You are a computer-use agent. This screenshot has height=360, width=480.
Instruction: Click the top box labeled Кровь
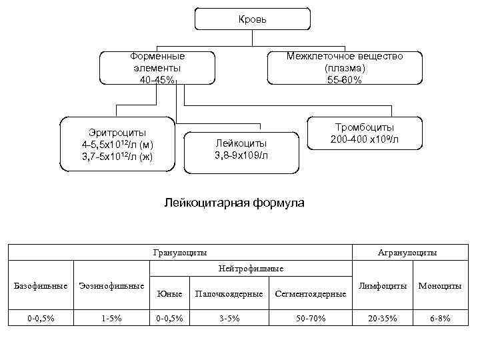252,19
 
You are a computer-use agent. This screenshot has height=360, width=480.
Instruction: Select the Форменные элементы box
157,68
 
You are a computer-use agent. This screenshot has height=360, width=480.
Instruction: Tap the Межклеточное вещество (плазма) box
345,68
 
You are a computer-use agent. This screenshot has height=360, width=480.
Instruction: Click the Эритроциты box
117,144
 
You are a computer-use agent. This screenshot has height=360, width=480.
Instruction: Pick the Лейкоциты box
241,149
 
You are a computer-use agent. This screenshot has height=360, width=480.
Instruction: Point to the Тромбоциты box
365,133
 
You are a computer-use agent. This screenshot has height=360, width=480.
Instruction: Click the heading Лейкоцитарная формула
234,202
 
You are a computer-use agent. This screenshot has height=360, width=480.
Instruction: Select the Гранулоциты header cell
179,253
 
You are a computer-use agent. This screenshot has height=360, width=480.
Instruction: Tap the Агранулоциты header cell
407,253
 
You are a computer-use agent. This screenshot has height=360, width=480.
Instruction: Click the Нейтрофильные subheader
251,268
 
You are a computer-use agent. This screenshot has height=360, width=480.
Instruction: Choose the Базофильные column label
41,286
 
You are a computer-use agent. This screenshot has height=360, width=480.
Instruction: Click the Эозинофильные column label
111,286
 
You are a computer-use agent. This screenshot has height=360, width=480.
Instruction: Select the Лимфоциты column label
383,286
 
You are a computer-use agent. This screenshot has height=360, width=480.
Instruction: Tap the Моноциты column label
439,286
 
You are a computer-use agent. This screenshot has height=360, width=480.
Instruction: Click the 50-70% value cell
311,319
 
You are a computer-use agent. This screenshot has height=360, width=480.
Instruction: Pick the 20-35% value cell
383,319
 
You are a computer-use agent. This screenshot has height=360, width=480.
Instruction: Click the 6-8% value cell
439,319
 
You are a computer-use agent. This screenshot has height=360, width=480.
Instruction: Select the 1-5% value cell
111,319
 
